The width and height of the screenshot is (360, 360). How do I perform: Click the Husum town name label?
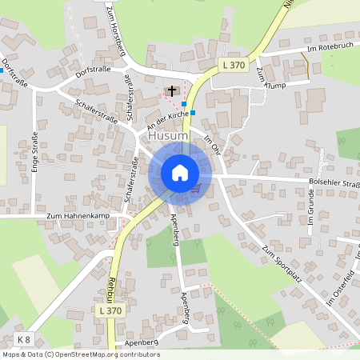[168, 137]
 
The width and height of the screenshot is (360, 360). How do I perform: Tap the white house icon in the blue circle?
[179, 173]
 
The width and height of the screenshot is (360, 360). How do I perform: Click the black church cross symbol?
[171, 90]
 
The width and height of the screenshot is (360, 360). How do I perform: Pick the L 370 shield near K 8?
[112, 310]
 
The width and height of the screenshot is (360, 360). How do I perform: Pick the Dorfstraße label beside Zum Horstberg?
[93, 70]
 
